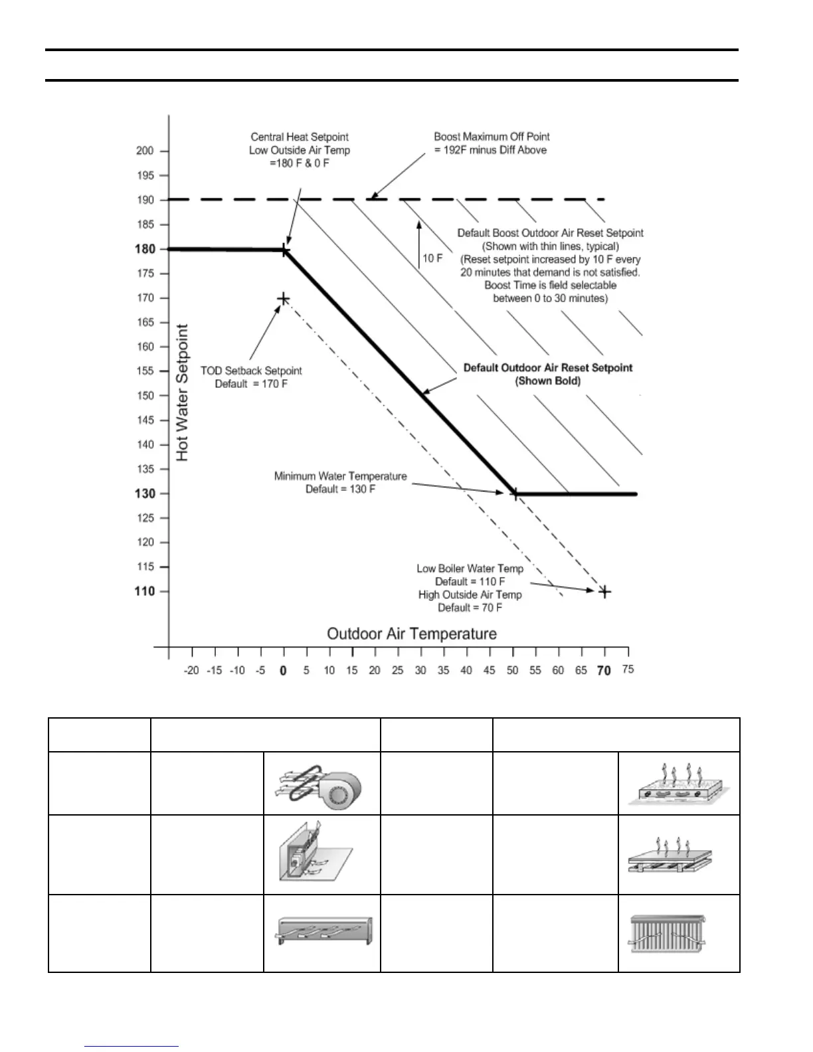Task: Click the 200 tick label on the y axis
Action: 145,151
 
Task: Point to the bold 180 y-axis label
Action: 145,249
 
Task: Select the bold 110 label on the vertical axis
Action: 145,591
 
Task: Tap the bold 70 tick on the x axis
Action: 604,671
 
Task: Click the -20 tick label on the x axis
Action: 191,671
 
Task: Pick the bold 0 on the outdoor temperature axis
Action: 283,671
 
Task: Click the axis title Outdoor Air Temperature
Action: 412,634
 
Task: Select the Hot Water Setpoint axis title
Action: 183,393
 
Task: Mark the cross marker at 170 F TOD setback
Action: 283,299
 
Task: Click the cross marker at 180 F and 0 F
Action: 284,250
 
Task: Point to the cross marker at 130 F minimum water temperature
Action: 514,493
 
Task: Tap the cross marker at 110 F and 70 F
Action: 604,591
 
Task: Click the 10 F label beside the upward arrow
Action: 432,258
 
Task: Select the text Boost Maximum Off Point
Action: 492,137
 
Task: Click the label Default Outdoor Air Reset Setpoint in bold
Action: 547,368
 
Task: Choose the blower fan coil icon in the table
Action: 321,784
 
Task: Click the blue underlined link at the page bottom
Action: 132,1047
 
